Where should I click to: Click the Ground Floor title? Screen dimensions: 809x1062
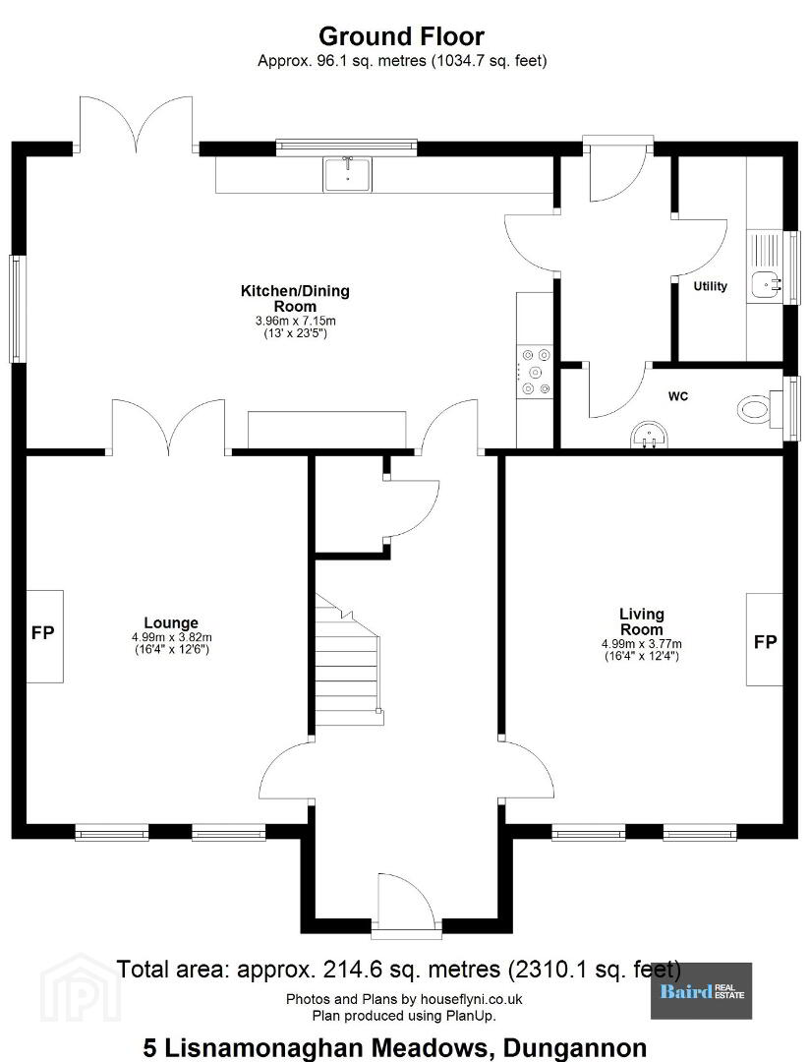click(x=401, y=36)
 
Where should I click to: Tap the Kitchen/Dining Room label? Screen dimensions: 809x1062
click(x=295, y=298)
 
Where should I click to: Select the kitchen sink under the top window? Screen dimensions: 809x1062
click(x=347, y=175)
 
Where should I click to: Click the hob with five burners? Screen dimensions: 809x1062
click(x=535, y=372)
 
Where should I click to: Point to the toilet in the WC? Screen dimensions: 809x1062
click(x=753, y=409)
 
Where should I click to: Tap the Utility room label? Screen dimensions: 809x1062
click(x=710, y=286)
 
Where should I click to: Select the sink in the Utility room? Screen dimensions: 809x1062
click(x=766, y=285)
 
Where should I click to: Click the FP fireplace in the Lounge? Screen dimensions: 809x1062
click(x=44, y=636)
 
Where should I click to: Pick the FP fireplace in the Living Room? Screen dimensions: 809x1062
click(x=765, y=639)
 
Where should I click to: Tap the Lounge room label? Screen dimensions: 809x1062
click(x=171, y=622)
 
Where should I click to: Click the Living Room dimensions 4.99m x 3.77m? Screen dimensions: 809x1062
click(x=642, y=644)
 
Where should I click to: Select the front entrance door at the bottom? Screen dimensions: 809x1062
click(x=405, y=907)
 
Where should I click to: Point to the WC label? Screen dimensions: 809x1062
click(x=677, y=396)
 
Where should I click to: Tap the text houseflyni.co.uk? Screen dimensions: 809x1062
click(x=471, y=999)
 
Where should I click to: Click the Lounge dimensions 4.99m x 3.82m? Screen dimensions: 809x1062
click(x=172, y=637)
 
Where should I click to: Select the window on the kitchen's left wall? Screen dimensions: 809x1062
click(x=17, y=309)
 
